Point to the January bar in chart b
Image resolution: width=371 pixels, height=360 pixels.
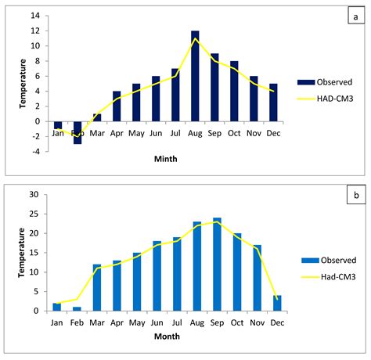coord(56,307)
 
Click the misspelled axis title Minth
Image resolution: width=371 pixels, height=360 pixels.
coord(165,157)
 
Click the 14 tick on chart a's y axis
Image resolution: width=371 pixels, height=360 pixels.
coord(34,16)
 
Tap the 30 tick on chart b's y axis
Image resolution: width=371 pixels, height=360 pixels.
coord(34,195)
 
